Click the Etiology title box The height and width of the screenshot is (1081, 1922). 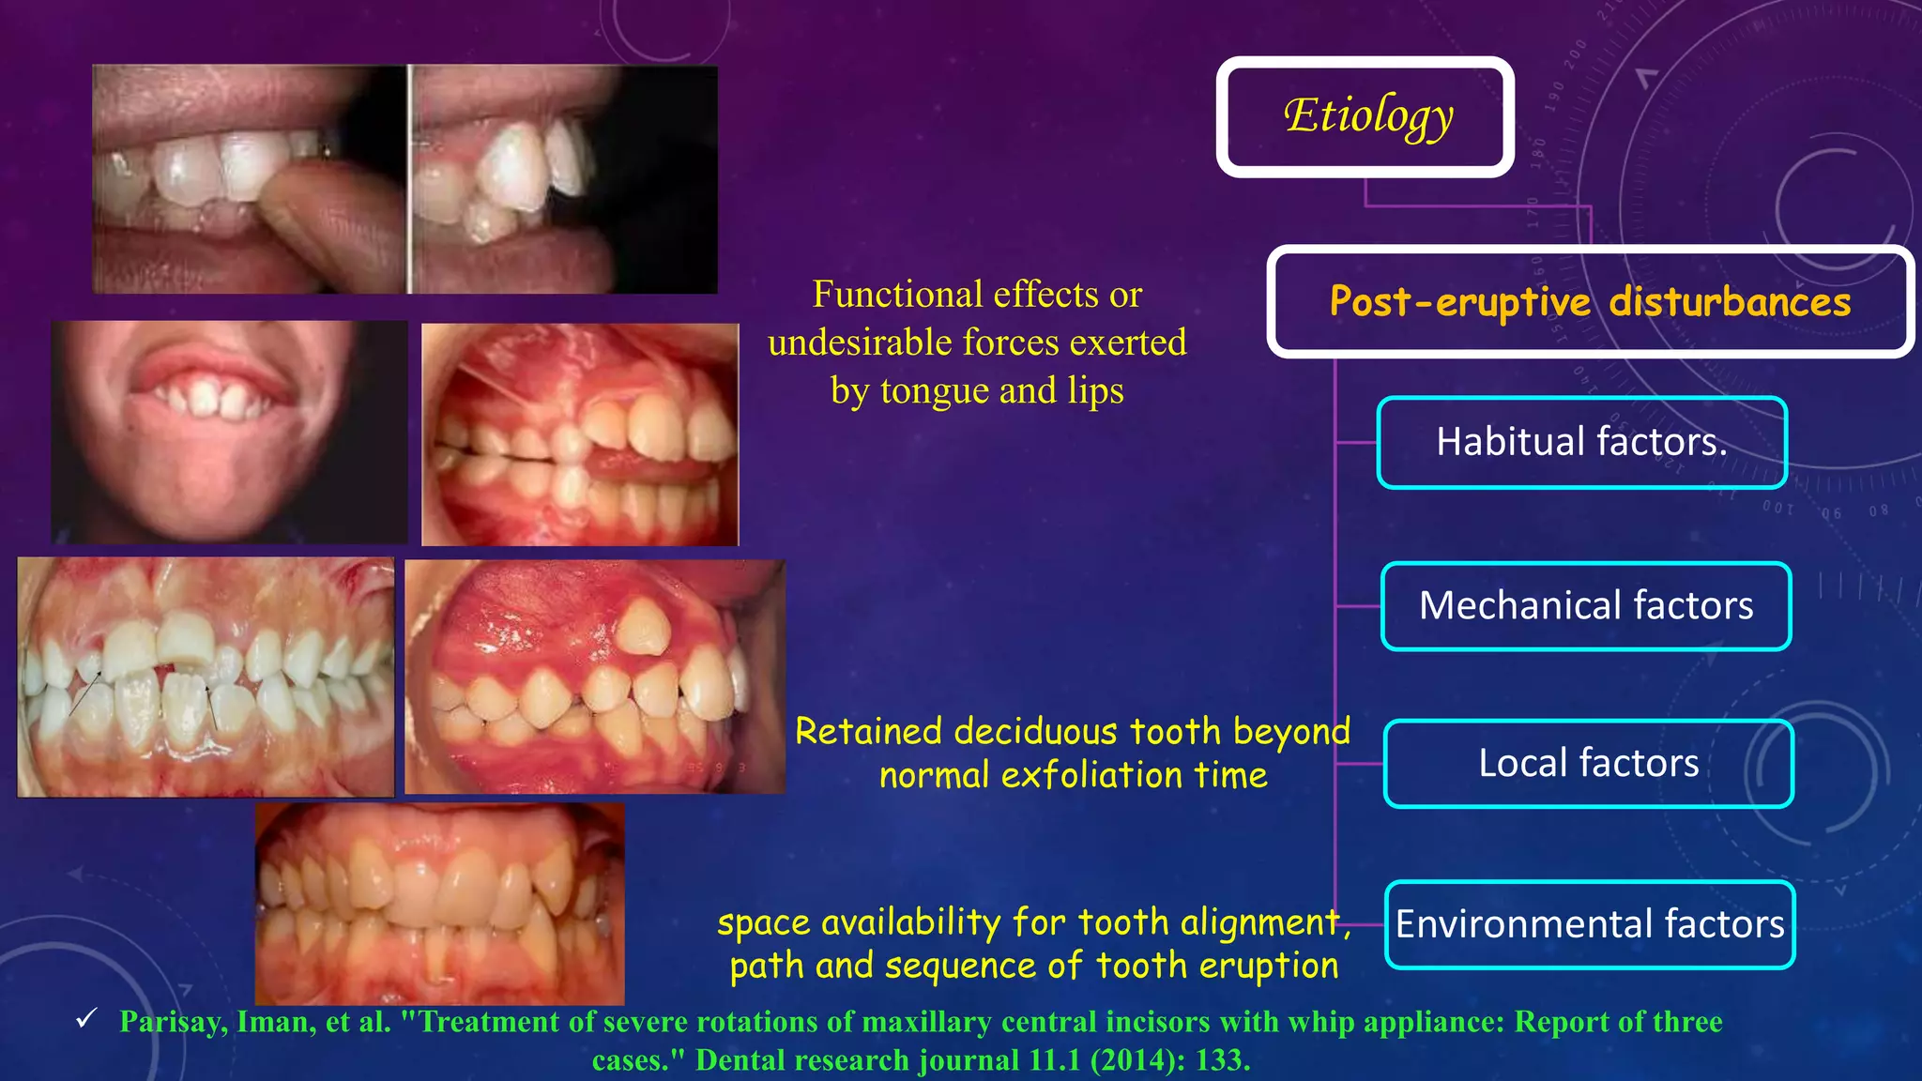[1365, 117]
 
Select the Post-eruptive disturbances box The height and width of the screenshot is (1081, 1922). [1590, 302]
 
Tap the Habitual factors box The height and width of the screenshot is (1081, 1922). [1581, 442]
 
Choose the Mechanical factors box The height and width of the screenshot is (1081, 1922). [1586, 605]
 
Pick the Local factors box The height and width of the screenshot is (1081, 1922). [1588, 763]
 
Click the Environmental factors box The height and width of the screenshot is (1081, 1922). [1590, 924]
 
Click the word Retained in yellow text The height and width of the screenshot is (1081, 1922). [868, 731]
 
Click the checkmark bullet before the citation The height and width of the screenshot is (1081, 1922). [86, 1018]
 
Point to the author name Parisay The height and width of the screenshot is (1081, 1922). [173, 1021]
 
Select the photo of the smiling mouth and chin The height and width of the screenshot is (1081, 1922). [229, 432]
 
